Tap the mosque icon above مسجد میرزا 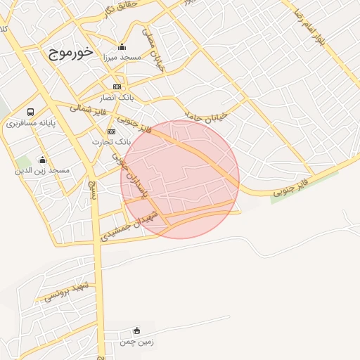pos(122,46)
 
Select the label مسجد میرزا pos(122,56)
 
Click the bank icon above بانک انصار pos(116,87)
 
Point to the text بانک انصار pos(117,97)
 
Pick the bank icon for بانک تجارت pos(110,131)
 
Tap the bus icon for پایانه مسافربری pos(30,112)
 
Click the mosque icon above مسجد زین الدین pos(42,160)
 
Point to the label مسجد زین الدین pos(42,170)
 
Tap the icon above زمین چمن pos(136,330)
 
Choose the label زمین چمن pos(136,341)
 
